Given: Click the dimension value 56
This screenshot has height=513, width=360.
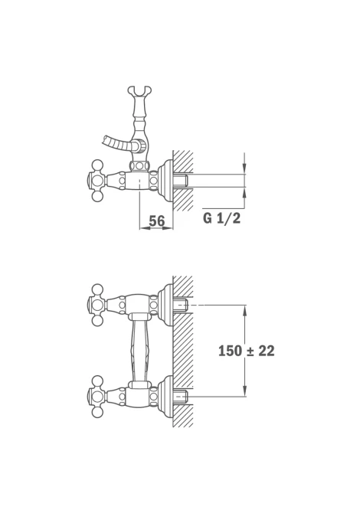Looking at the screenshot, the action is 157,221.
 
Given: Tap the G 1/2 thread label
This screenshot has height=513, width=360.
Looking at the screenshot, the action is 222,218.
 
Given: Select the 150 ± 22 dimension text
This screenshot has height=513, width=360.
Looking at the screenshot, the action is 247,351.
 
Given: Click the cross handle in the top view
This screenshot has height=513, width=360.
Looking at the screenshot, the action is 97,180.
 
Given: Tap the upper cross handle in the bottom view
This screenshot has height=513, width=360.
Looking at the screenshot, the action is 97,305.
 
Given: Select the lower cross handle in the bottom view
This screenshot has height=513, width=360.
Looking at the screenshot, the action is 97,397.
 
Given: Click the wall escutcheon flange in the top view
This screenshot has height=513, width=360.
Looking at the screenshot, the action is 165,180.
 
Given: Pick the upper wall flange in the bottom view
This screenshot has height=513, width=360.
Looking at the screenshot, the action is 165,304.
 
